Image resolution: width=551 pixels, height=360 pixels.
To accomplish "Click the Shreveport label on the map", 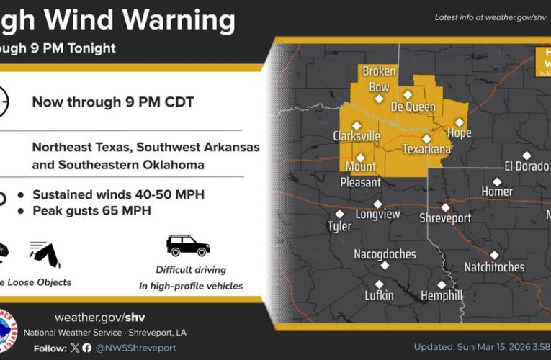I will pyautogui.click(x=445, y=218).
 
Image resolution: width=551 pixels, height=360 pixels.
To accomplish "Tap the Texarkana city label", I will pyautogui.click(x=426, y=149).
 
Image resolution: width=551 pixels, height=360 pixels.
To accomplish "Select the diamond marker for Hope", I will pyautogui.click(x=459, y=122).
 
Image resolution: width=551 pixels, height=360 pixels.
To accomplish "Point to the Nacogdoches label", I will pyautogui.click(x=385, y=254).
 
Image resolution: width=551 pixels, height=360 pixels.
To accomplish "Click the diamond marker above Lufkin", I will pyautogui.click(x=380, y=284).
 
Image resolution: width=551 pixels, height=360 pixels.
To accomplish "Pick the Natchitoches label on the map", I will pyautogui.click(x=495, y=267).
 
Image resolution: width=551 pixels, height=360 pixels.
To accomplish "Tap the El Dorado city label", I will pyautogui.click(x=527, y=166).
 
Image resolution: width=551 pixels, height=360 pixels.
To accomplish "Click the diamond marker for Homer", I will pyautogui.click(x=496, y=181).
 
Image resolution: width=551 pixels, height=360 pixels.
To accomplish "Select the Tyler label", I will pyautogui.click(x=339, y=226).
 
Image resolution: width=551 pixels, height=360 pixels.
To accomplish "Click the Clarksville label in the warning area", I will pyautogui.click(x=357, y=136).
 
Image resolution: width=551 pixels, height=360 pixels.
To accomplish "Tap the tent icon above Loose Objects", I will pyautogui.click(x=45, y=252).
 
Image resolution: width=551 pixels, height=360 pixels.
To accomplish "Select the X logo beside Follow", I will pyautogui.click(x=73, y=348).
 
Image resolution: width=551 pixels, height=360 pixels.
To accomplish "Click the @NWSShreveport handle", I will pyautogui.click(x=136, y=348).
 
